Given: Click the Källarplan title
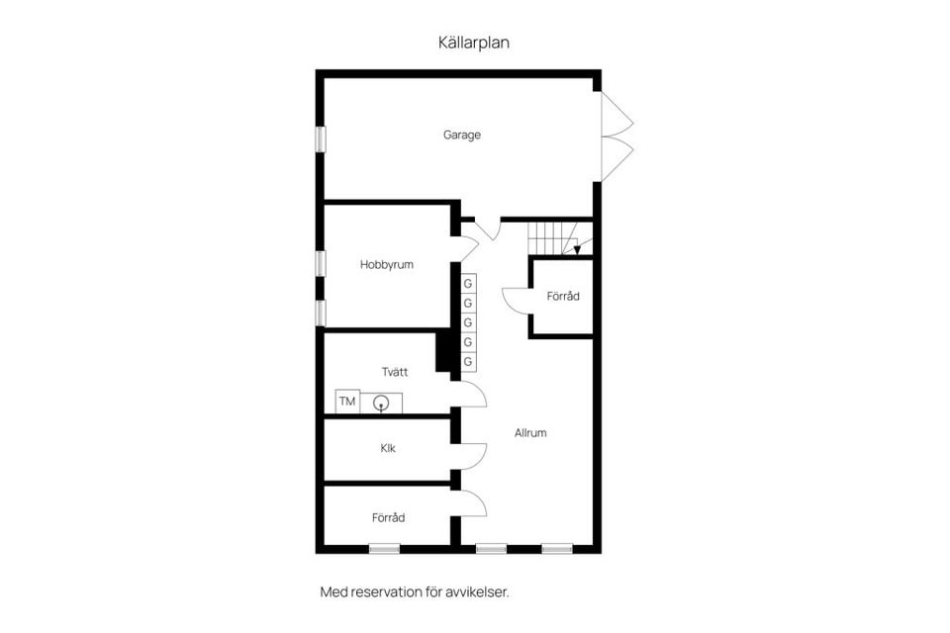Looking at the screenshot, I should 474,43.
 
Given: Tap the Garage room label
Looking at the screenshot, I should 461,135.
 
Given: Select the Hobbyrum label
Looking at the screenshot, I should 386,264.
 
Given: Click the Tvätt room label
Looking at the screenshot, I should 395,372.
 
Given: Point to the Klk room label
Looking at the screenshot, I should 388,448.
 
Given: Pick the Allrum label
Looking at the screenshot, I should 530,432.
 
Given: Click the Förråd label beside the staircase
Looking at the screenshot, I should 563,296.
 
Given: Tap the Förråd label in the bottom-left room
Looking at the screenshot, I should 388,517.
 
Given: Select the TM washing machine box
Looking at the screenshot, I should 346,401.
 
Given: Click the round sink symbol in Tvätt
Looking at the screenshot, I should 381,402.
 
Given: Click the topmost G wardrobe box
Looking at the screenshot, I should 468,284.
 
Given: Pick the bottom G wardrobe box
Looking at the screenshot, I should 468,362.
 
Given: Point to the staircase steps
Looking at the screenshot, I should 550,237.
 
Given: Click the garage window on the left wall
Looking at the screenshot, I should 320,138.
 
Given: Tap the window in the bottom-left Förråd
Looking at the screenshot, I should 384,548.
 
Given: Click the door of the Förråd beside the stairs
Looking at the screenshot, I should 518,301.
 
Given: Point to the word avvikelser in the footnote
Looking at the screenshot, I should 479,592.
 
